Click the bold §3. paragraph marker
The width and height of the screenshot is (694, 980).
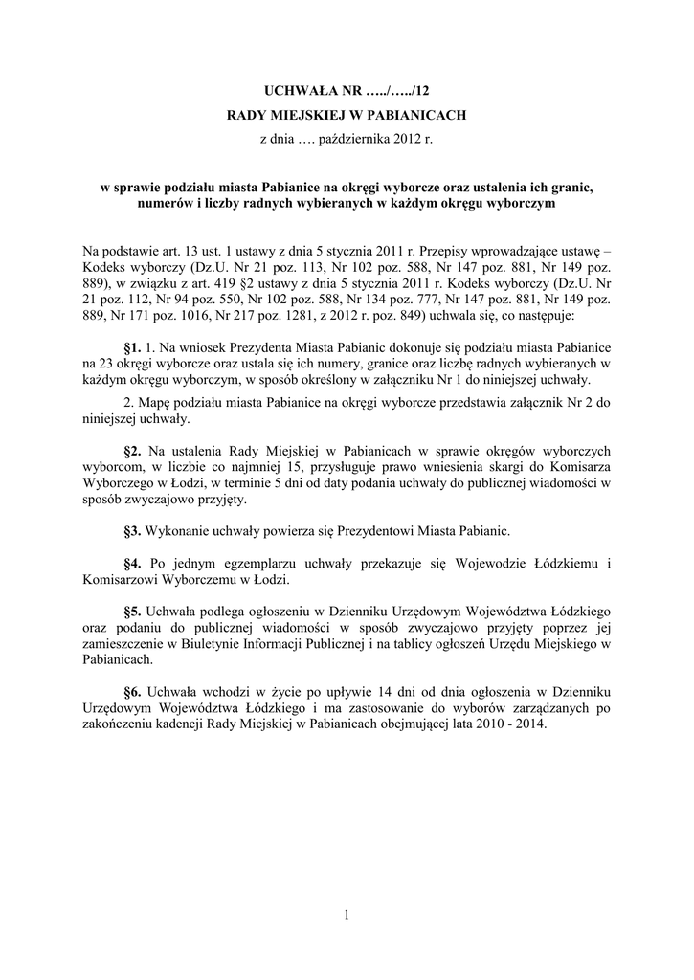133,529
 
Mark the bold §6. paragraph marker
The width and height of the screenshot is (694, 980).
133,691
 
